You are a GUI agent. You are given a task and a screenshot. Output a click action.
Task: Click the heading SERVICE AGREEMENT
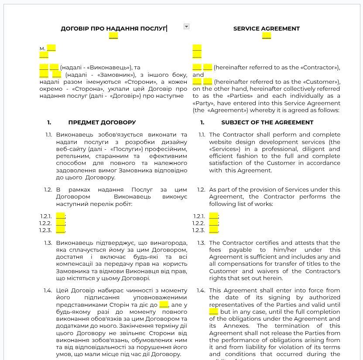(x=266, y=29)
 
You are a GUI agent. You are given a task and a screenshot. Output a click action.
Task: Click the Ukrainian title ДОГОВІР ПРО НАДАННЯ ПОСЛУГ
(x=113, y=29)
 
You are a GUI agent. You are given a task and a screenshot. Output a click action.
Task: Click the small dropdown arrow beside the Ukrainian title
(x=186, y=27)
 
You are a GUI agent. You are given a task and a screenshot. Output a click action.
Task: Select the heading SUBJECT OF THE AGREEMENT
(x=267, y=123)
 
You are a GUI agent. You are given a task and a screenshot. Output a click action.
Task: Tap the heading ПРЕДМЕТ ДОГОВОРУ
(x=102, y=123)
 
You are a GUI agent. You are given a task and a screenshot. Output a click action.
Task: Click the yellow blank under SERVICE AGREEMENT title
(x=267, y=36)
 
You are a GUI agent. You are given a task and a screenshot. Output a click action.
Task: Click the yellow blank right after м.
(x=51, y=48)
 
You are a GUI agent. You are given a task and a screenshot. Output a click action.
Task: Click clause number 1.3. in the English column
(x=201, y=243)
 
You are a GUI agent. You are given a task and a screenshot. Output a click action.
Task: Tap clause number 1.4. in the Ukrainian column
(x=48, y=291)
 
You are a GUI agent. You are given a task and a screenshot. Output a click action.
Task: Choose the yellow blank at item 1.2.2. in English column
(x=213, y=223)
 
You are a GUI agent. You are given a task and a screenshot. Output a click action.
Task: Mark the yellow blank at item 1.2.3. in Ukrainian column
(x=60, y=230)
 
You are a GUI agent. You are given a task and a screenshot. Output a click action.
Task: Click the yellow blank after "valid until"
(x=213, y=312)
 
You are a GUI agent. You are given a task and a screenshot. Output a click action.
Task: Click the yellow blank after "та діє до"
(x=164, y=305)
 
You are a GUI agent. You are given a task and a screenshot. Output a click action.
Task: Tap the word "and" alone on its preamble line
(x=199, y=75)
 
